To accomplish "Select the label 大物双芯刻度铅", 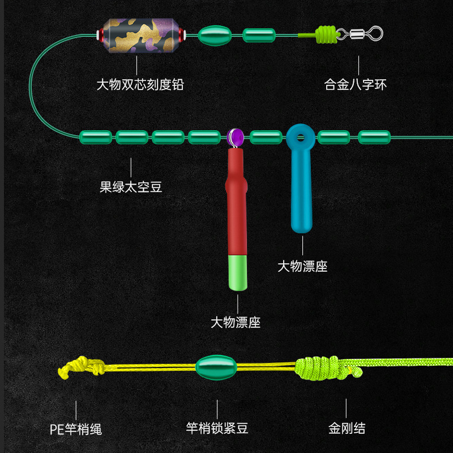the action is [x=140, y=85].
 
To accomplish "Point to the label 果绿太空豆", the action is [x=131, y=187].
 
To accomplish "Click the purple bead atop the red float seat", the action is [x=235, y=136].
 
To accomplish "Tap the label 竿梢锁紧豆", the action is [x=217, y=428].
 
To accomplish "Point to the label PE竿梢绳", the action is [x=75, y=428].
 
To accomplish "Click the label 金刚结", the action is [x=347, y=428].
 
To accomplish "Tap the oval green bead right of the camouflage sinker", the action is [x=214, y=35].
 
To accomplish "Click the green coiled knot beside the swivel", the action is [x=327, y=35].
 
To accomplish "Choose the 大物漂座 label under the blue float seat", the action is [x=302, y=266].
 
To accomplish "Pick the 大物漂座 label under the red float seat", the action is [x=236, y=323].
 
